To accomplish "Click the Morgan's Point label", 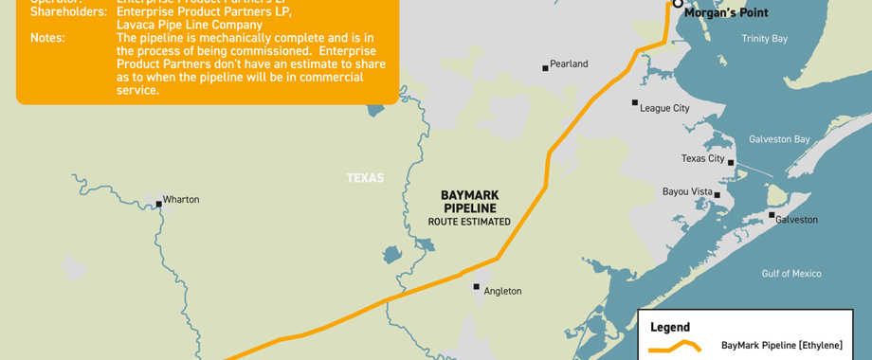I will point(726,13).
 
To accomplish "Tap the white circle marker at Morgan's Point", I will point(678,4).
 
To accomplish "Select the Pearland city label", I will point(569,64).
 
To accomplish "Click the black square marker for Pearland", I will point(545,67).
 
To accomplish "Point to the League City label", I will point(664,108).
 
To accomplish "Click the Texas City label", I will point(702,159).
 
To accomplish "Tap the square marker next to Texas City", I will point(731,162).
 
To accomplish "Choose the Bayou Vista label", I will point(687,191).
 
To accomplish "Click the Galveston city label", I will point(796,220).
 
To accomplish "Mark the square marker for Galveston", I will point(772,216).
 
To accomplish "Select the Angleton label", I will point(502,291).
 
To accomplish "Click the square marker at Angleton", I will point(477,286).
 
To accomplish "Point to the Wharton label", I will point(181,200).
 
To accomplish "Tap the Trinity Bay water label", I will point(764,39).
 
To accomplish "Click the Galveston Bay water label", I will point(779,139).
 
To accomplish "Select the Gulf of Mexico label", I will point(791,274).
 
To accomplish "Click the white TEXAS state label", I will point(365,178).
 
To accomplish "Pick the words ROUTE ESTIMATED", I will point(469,222).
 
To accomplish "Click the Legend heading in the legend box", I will point(670,327).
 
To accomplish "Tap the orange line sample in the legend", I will point(675,347).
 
